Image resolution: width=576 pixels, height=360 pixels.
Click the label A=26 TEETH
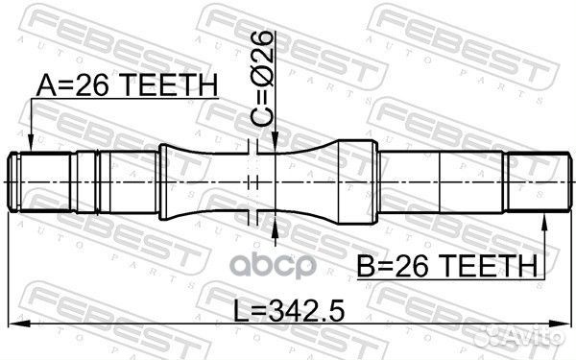click(x=126, y=86)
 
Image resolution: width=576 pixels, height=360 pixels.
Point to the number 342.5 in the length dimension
click(x=306, y=310)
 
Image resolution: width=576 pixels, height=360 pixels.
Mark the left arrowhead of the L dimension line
click(x=16, y=324)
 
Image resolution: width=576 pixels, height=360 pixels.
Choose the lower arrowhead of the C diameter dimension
click(x=275, y=220)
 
